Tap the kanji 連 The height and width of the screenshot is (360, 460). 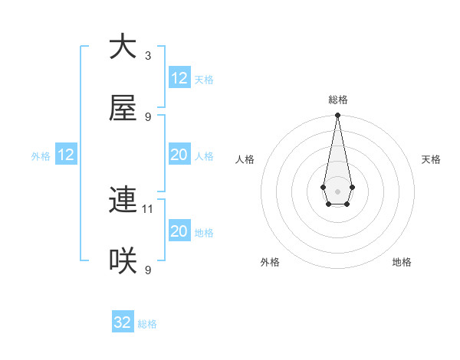pyautogui.click(x=123, y=200)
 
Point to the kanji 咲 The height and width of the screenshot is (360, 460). pyautogui.click(x=123, y=262)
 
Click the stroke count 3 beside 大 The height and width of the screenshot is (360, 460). pyautogui.click(x=148, y=55)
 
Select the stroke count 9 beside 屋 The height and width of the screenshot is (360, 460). pyautogui.click(x=148, y=117)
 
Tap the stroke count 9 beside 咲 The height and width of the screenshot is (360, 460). pyautogui.click(x=148, y=270)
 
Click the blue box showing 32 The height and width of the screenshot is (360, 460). pyautogui.click(x=123, y=322)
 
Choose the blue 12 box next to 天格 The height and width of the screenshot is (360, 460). pyautogui.click(x=179, y=78)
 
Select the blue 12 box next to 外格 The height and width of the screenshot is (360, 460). pyautogui.click(x=66, y=155)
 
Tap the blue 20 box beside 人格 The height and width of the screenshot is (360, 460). pyautogui.click(x=179, y=155)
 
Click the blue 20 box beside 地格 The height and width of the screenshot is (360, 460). pyautogui.click(x=179, y=231)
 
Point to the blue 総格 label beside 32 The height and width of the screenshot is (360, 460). pyautogui.click(x=147, y=324)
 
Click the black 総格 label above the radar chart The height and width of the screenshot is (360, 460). pyautogui.click(x=337, y=100)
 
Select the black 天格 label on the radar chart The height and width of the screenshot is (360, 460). pyautogui.click(x=431, y=159)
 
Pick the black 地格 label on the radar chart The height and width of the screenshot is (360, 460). pyautogui.click(x=402, y=262)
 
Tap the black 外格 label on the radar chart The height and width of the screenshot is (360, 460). pyautogui.click(x=270, y=262)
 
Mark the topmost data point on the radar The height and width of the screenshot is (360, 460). pyautogui.click(x=337, y=116)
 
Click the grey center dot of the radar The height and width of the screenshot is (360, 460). pyautogui.click(x=337, y=190)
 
